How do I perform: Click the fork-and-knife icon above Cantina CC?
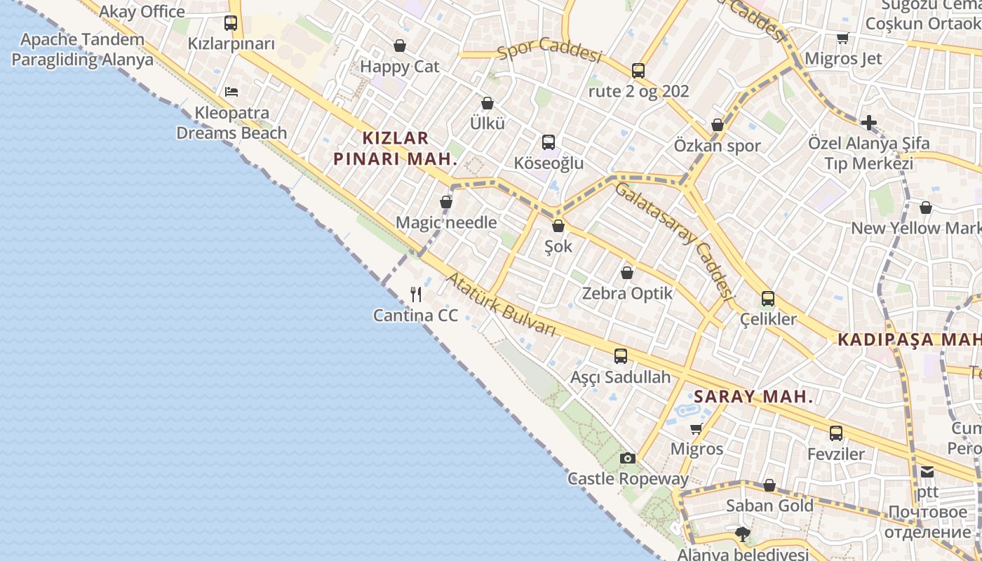416,294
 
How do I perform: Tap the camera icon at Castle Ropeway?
628,458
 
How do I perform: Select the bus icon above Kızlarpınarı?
231,22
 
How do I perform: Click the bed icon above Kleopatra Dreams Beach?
231,91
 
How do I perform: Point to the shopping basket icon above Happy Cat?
400,46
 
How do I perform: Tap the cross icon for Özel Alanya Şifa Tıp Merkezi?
868,123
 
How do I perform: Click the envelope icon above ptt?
927,471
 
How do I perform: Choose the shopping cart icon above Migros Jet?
842,38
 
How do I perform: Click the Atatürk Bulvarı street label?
501,304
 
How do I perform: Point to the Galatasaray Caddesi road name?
673,238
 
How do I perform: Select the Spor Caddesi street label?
550,50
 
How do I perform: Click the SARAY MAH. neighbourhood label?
753,396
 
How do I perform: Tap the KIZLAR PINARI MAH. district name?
395,148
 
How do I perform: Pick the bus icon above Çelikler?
768,298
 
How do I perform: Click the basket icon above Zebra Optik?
627,272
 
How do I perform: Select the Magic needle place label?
446,223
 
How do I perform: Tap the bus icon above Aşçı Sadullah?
621,356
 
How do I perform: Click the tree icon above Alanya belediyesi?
743,534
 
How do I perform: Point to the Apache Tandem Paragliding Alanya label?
82,49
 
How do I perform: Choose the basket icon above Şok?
558,226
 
